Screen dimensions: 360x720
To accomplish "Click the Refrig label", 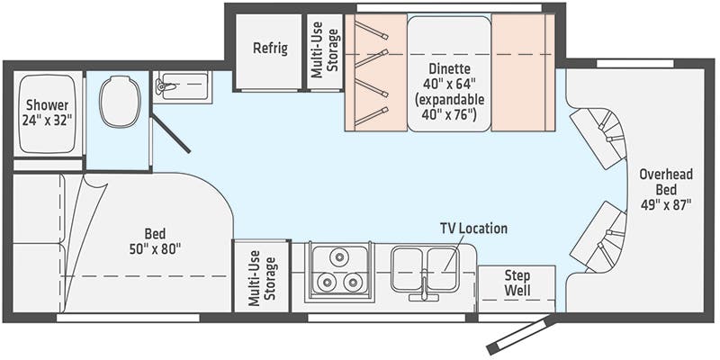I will pyautogui.click(x=270, y=48).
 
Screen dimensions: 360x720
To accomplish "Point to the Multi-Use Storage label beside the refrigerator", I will pyautogui.click(x=325, y=51).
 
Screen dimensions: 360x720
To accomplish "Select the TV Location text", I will pyautogui.click(x=472, y=229).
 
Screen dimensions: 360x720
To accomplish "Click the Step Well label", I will pyautogui.click(x=516, y=283).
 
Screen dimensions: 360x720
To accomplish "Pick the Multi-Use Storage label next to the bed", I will pyautogui.click(x=262, y=276).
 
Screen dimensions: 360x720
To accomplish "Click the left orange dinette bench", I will pyautogui.click(x=374, y=73).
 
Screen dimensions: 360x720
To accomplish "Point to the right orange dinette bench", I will pyautogui.click(x=522, y=73).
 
